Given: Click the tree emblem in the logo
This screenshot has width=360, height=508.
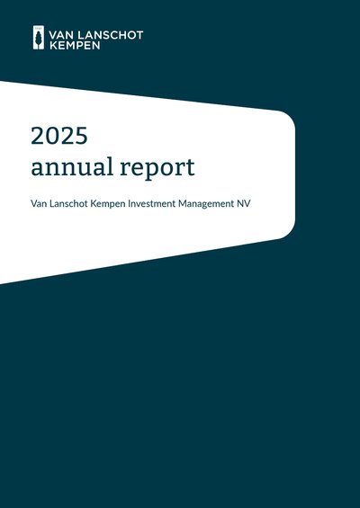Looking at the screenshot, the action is [x=39, y=38].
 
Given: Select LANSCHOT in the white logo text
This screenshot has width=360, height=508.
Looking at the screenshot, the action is [x=112, y=35].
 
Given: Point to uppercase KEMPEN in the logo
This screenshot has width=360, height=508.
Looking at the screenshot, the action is [x=75, y=45].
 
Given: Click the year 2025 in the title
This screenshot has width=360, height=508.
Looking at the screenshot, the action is [x=59, y=136].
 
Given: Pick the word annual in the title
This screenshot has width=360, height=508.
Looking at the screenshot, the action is [x=72, y=166].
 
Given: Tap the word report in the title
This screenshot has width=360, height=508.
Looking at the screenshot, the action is [x=157, y=168].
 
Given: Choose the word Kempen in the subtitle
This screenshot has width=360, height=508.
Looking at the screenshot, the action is [x=108, y=204].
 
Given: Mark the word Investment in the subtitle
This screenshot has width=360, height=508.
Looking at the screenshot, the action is [x=152, y=204].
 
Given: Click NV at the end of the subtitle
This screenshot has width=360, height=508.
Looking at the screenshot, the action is [x=243, y=204].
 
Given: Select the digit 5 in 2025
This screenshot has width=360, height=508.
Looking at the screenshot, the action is [x=81, y=136].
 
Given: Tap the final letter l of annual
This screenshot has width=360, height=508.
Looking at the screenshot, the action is [x=111, y=165].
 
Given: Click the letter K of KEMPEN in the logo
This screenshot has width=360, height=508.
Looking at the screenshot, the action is [x=53, y=45].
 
